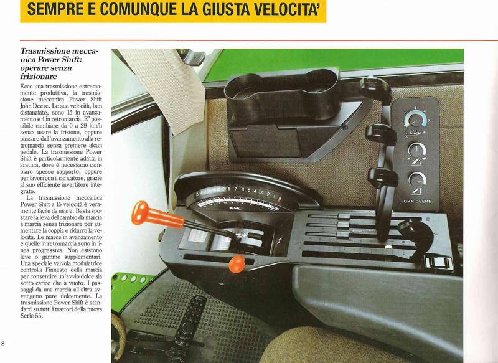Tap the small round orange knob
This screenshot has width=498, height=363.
point(237,264)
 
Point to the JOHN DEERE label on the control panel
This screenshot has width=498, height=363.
point(416,201)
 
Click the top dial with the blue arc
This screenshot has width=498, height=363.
point(415,120)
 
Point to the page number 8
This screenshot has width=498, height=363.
point(3,343)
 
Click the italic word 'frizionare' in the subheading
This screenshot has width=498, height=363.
point(39,77)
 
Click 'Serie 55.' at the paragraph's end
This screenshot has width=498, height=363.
point(31,316)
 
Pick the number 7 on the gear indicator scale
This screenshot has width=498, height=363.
point(235,189)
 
